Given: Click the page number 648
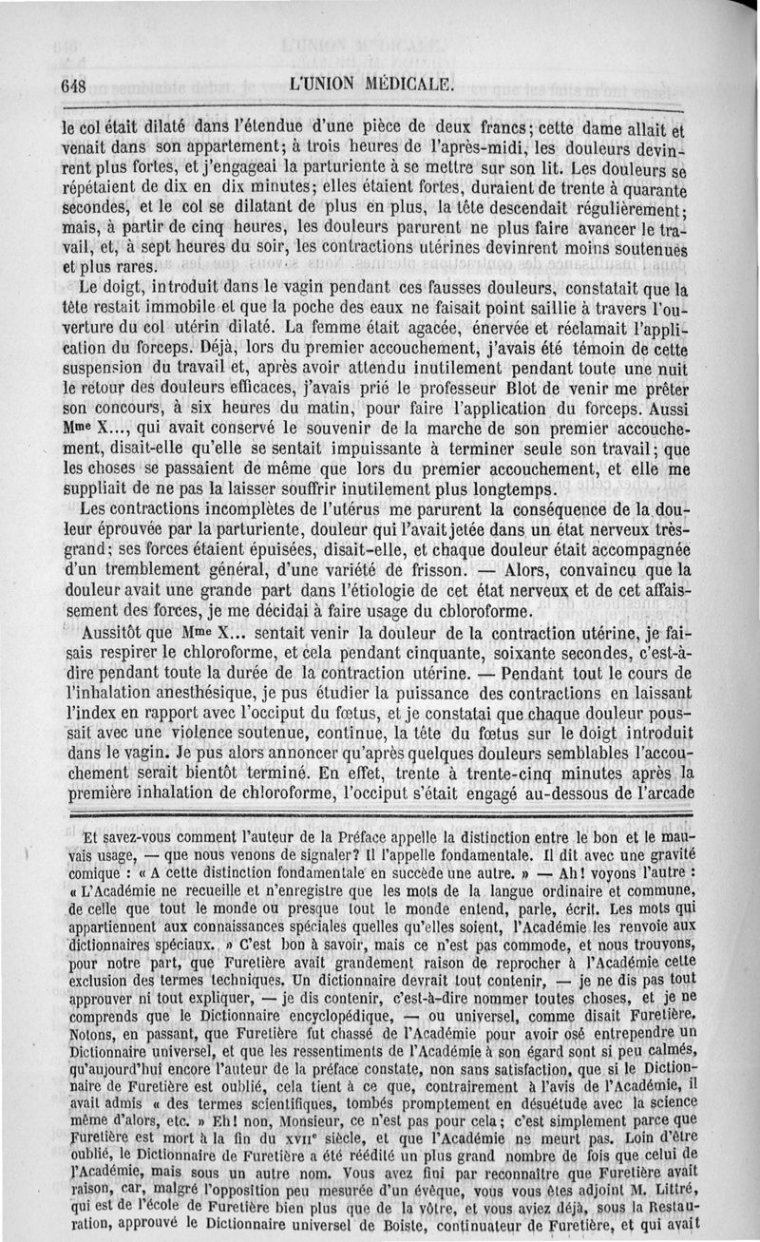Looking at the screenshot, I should click(x=73, y=84).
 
